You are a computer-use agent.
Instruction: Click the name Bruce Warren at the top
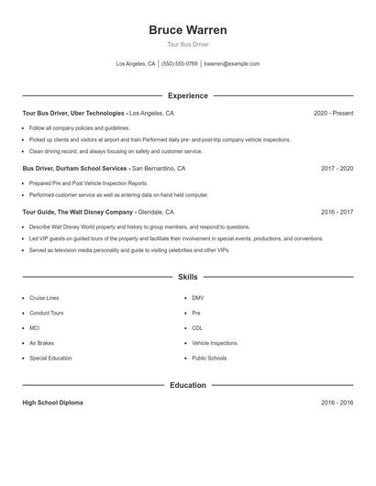pyautogui.click(x=188, y=30)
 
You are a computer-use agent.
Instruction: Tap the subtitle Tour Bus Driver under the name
pyautogui.click(x=188, y=45)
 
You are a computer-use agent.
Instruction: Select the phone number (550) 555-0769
pyautogui.click(x=179, y=64)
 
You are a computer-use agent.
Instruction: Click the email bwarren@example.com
pyautogui.click(x=231, y=64)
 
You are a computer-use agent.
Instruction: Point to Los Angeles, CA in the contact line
pyautogui.click(x=136, y=64)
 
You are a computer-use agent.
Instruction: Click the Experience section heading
pyautogui.click(x=188, y=95)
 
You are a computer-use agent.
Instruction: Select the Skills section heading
pyautogui.click(x=188, y=276)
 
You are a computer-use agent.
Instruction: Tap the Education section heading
pyautogui.click(x=188, y=385)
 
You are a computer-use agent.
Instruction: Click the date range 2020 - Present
pyautogui.click(x=333, y=113)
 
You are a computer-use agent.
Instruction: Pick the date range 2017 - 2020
pyautogui.click(x=337, y=169)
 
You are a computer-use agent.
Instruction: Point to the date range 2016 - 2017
pyautogui.click(x=337, y=212)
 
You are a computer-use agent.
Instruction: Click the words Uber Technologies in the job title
pyautogui.click(x=93, y=113)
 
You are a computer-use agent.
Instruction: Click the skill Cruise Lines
pyautogui.click(x=44, y=298)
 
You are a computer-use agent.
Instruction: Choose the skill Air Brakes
pyautogui.click(x=41, y=343)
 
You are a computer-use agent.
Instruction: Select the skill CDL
pyautogui.click(x=197, y=327)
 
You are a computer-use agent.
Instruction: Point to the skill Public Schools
pyautogui.click(x=209, y=358)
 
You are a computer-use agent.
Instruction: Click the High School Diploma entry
pyautogui.click(x=53, y=403)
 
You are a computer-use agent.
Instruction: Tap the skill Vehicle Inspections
pyautogui.click(x=215, y=343)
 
